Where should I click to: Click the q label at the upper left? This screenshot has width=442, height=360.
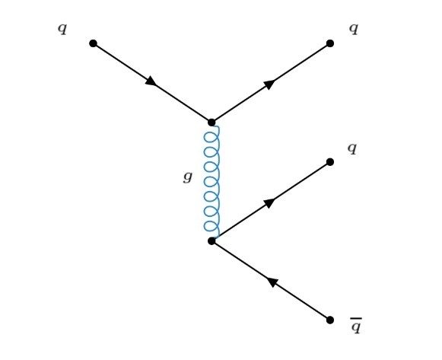pyautogui.click(x=62, y=29)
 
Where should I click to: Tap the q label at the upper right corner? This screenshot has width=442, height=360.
pyautogui.click(x=354, y=29)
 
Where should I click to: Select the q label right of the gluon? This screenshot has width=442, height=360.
pyautogui.click(x=352, y=148)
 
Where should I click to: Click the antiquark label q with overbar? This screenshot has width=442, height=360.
pyautogui.click(x=356, y=326)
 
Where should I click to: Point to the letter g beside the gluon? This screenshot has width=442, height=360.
pyautogui.click(x=188, y=177)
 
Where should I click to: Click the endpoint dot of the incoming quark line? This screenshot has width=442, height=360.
pyautogui.click(x=93, y=43)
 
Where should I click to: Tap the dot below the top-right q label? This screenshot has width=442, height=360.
pyautogui.click(x=330, y=43)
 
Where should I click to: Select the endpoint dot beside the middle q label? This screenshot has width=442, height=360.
pyautogui.click(x=330, y=162)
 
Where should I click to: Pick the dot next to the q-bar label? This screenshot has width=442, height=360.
pyautogui.click(x=330, y=320)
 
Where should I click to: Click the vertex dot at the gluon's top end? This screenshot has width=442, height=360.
pyautogui.click(x=211, y=123)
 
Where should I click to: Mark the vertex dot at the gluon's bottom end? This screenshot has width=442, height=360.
pyautogui.click(x=211, y=241)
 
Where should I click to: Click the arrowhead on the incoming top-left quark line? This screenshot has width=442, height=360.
pyautogui.click(x=151, y=81)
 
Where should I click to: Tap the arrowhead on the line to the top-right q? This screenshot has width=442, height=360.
pyautogui.click(x=269, y=84)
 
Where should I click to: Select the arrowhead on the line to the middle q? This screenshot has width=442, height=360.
pyautogui.click(x=269, y=202)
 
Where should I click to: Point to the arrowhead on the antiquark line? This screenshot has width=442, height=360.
pyautogui.click(x=272, y=282)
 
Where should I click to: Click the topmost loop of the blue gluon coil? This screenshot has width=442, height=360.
pyautogui.click(x=211, y=137)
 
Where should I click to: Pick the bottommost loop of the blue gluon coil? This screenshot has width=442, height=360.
pyautogui.click(x=211, y=226)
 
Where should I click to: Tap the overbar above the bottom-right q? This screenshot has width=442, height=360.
pyautogui.click(x=356, y=319)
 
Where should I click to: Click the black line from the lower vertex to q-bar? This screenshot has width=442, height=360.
pyautogui.click(x=271, y=281)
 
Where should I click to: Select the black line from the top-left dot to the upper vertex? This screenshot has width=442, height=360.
pyautogui.click(x=152, y=83)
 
